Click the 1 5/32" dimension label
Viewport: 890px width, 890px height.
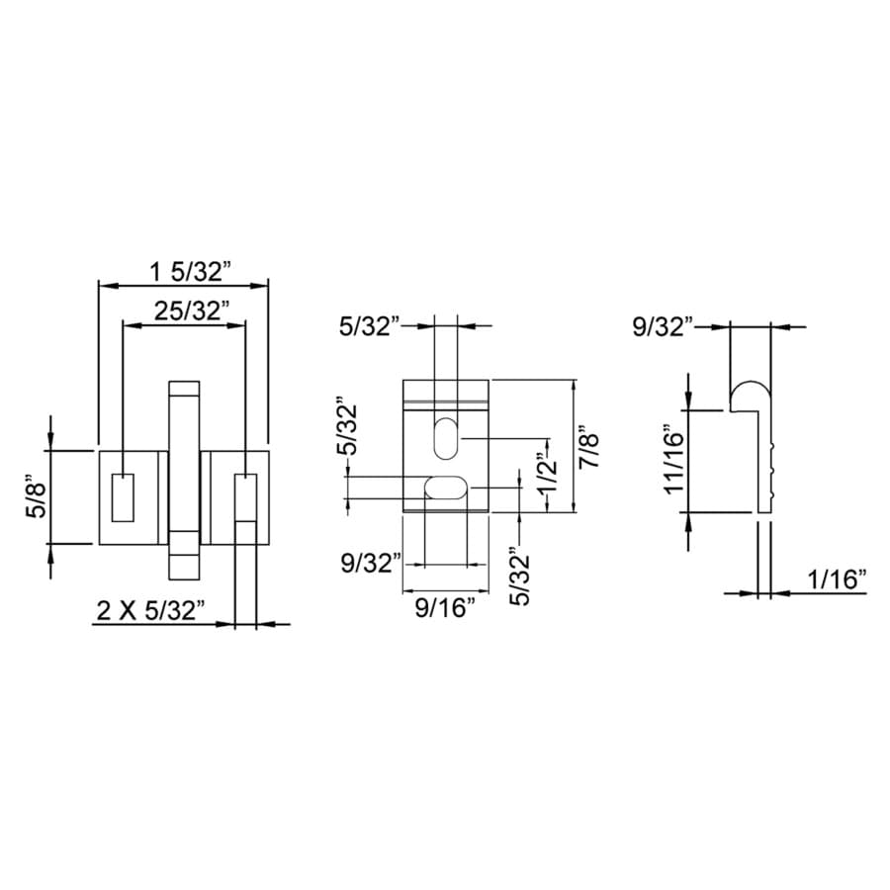point(190,272)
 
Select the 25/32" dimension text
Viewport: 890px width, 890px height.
point(192,311)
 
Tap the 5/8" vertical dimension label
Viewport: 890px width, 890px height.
point(36,497)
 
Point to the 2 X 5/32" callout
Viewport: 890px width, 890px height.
point(150,611)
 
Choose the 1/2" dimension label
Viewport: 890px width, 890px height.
point(548,475)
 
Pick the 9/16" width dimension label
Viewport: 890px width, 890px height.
point(444,607)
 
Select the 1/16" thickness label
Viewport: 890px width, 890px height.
point(838,579)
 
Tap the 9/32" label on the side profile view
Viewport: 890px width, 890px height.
point(663,327)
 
